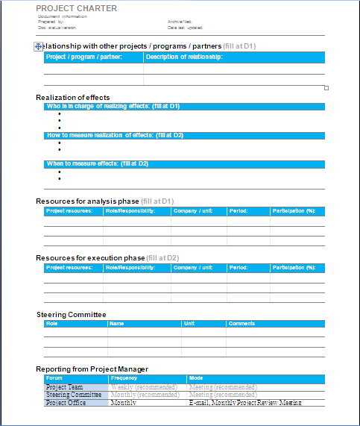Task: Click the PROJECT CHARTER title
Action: click(x=76, y=8)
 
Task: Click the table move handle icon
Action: click(x=39, y=46)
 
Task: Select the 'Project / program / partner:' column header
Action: click(x=83, y=57)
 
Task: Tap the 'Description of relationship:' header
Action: click(x=184, y=57)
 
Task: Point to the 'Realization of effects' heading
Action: click(x=73, y=97)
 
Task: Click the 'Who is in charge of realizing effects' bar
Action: click(x=113, y=107)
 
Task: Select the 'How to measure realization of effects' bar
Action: click(x=115, y=135)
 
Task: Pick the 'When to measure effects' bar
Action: click(x=97, y=163)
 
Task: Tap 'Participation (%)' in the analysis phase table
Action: click(x=295, y=211)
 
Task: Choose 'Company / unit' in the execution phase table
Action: click(x=193, y=267)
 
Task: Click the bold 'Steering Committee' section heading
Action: click(x=71, y=314)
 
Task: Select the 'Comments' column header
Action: click(x=241, y=324)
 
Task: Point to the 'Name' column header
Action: click(x=117, y=324)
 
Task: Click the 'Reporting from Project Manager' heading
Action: click(x=92, y=369)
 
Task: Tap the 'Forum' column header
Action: click(x=54, y=378)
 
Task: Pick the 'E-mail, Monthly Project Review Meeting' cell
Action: click(x=245, y=402)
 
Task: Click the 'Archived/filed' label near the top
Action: click(x=180, y=22)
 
